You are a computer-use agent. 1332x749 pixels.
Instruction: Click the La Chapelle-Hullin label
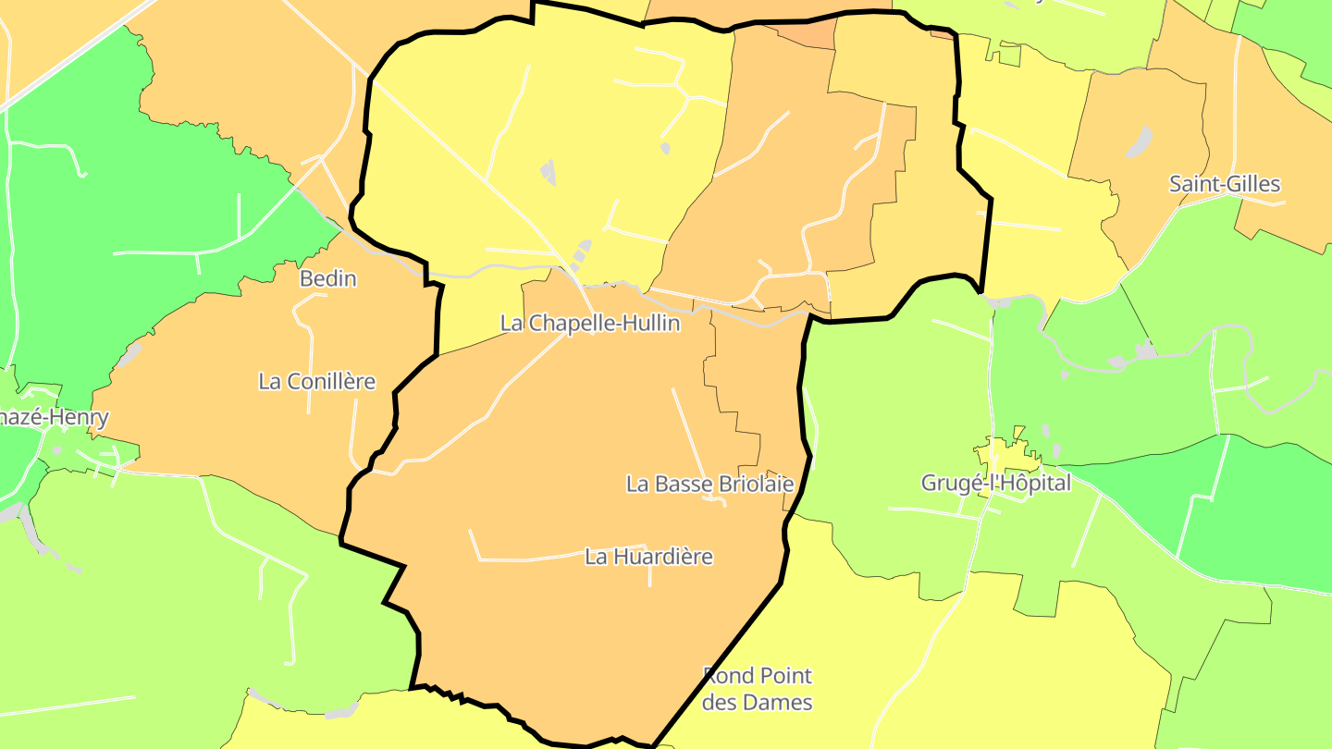pos(590,324)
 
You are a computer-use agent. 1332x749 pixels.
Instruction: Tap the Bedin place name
pos(327,278)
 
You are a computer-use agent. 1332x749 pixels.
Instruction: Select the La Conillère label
pos(317,381)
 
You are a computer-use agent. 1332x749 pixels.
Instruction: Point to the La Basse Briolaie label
pos(710,484)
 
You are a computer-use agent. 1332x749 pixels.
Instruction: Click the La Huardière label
pos(648,557)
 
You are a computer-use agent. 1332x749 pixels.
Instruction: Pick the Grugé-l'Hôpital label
pos(995,483)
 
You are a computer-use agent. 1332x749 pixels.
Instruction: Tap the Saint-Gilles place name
pos(1225,184)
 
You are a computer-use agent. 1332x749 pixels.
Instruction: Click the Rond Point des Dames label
pos(758,689)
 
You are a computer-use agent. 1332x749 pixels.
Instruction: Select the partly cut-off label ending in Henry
pos(54,417)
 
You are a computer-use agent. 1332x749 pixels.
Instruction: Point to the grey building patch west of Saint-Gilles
pos(1140,141)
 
